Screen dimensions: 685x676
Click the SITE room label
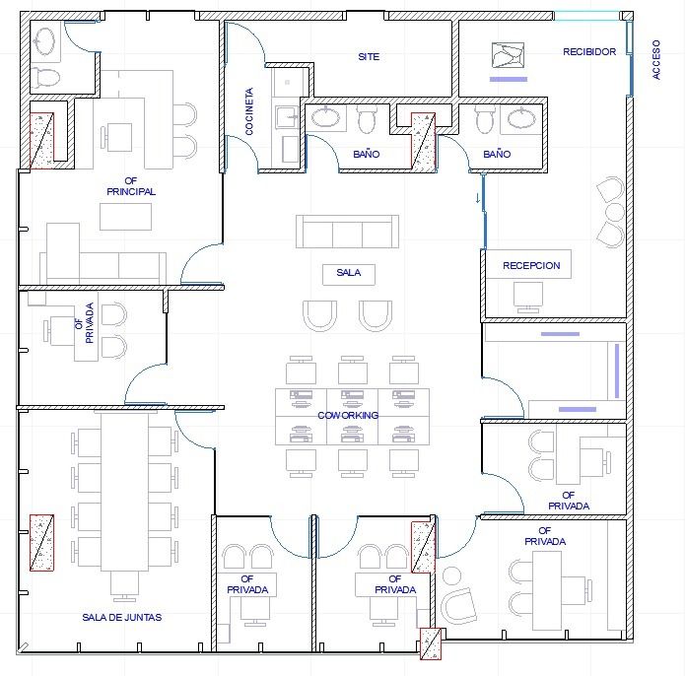point(369,57)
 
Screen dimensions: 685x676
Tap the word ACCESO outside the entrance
point(656,59)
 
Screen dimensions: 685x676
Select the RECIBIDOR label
point(589,51)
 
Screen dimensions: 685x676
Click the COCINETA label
point(249,111)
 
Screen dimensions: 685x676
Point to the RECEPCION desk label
point(531,265)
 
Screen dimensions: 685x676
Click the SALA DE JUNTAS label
point(122,617)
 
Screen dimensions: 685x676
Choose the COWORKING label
point(348,415)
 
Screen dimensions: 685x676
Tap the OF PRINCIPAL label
point(131,186)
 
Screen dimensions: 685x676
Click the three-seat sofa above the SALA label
point(347,232)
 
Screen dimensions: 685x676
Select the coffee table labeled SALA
point(349,275)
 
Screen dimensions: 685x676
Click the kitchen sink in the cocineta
point(287,116)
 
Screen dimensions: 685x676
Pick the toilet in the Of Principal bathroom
point(45,77)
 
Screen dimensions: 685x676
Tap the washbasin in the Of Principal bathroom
point(44,42)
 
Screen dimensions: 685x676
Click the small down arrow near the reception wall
point(477,198)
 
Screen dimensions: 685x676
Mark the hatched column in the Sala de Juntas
point(42,543)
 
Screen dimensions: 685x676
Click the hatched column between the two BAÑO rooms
point(423,141)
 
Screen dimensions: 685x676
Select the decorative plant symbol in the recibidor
point(508,55)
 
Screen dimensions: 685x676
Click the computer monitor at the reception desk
point(528,297)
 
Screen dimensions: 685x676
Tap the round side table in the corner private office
point(451,576)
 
